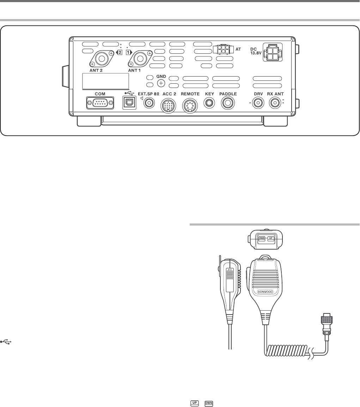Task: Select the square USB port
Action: click(x=128, y=104)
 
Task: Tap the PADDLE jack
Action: click(x=228, y=104)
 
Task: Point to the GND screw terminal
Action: click(x=161, y=83)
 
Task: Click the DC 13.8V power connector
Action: click(x=272, y=53)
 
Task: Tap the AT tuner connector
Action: click(x=223, y=49)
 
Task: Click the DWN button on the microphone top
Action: click(x=262, y=238)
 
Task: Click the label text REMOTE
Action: click(x=190, y=94)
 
